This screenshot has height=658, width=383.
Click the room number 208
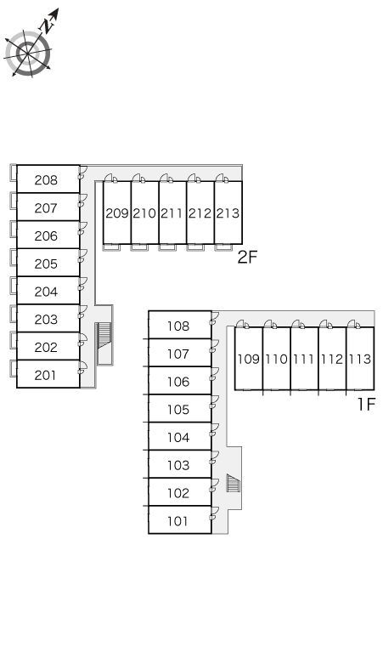(46, 180)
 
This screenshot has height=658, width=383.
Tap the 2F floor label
(247, 257)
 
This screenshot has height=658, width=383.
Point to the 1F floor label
(365, 404)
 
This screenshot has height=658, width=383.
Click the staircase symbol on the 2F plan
(104, 336)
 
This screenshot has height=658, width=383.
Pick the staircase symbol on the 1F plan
(233, 483)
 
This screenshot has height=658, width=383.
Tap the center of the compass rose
(28, 54)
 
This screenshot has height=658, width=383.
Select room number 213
(228, 213)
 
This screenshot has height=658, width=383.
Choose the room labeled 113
(360, 360)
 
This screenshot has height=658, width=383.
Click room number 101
(177, 521)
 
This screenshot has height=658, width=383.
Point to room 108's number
(178, 326)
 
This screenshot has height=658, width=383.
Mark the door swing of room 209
(111, 178)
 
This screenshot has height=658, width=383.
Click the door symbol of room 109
(243, 324)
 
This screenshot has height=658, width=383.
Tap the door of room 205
(82, 257)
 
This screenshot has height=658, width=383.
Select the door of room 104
(215, 430)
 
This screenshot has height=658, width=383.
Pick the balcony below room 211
(166, 247)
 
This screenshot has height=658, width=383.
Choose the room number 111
(304, 360)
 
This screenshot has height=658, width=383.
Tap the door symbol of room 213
(222, 178)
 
